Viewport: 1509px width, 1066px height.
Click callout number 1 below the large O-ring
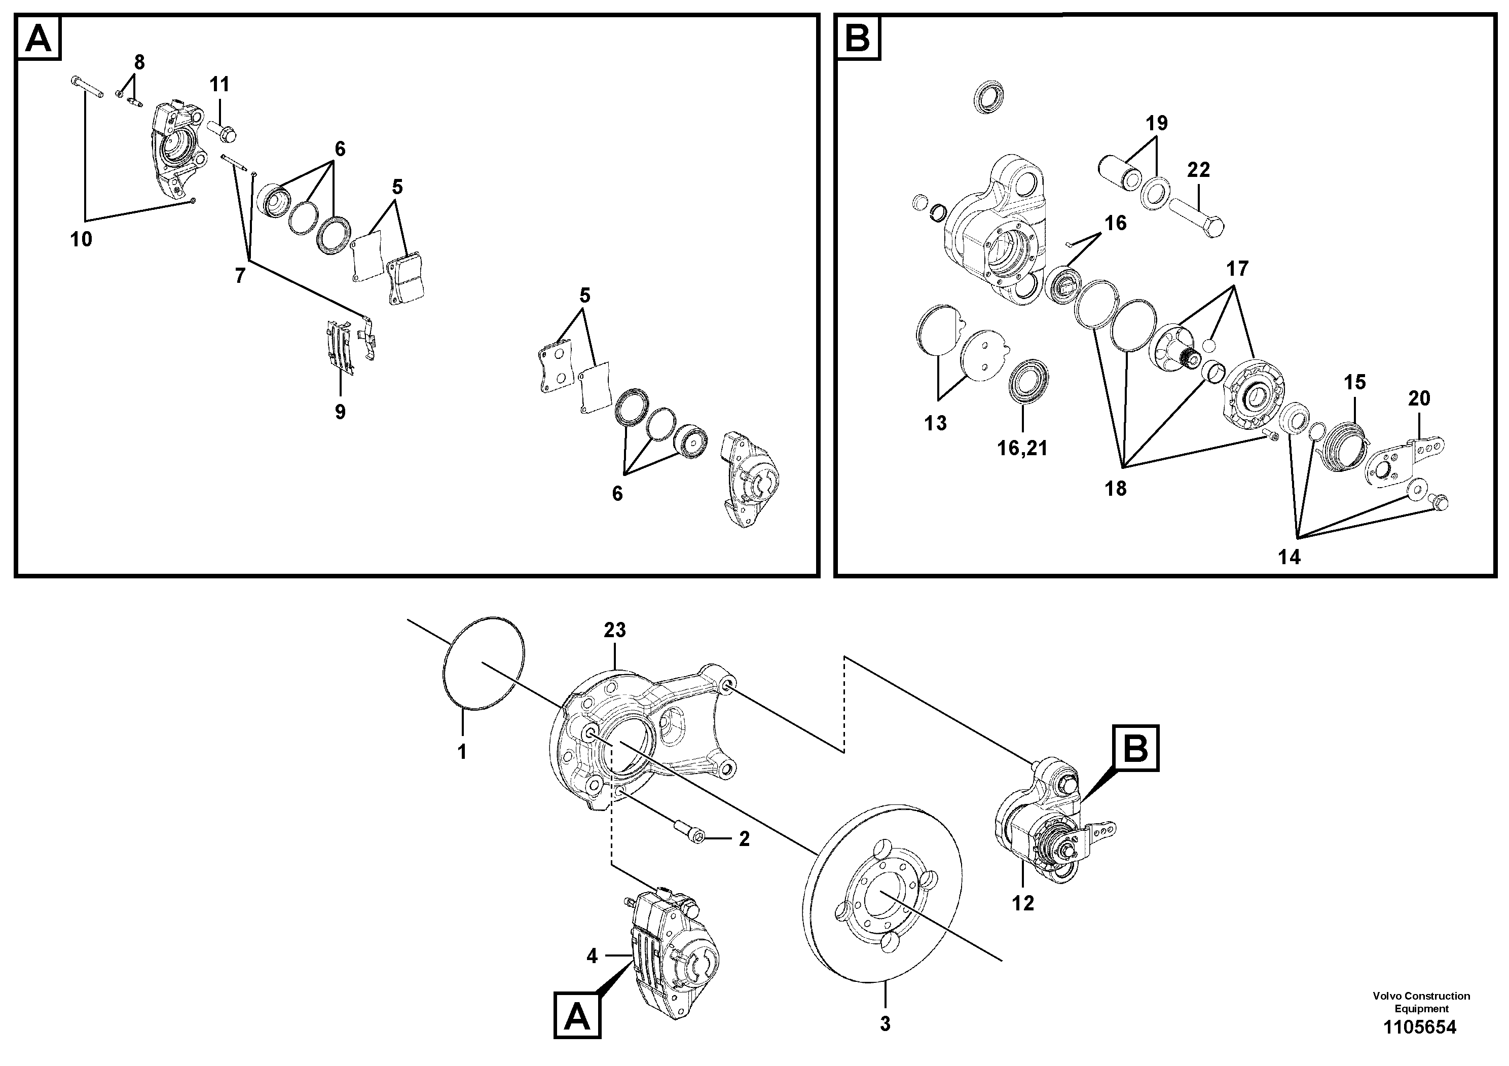click(x=462, y=752)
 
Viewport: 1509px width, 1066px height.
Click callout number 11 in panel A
click(x=219, y=84)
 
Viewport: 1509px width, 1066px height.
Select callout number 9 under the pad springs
click(x=340, y=412)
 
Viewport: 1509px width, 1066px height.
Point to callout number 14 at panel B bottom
click(x=1290, y=557)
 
